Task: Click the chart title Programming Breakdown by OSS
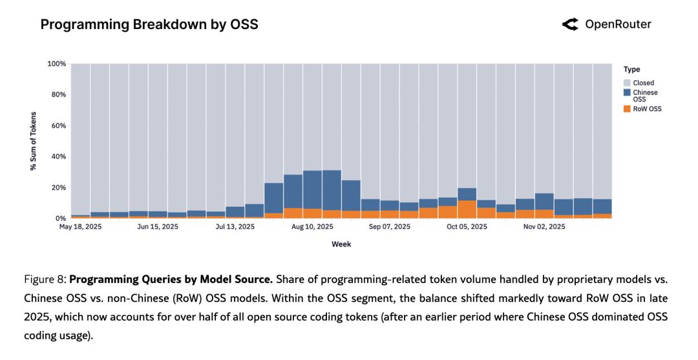click(x=149, y=25)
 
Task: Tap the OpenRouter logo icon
click(x=570, y=25)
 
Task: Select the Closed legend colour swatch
click(x=627, y=83)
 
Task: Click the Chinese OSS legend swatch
click(x=627, y=92)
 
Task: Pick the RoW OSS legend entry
click(x=627, y=109)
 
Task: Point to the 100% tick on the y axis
click(x=57, y=64)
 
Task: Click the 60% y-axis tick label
click(x=59, y=125)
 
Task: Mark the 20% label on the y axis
click(x=59, y=187)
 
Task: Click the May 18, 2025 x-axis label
click(x=80, y=227)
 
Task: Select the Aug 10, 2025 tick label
click(x=313, y=227)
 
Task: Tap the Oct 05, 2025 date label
click(x=467, y=227)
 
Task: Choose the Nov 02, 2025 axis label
click(x=544, y=227)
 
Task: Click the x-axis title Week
click(x=341, y=244)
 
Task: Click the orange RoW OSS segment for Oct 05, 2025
click(x=467, y=210)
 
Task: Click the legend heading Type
click(x=632, y=69)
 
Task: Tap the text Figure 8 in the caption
click(x=45, y=280)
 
